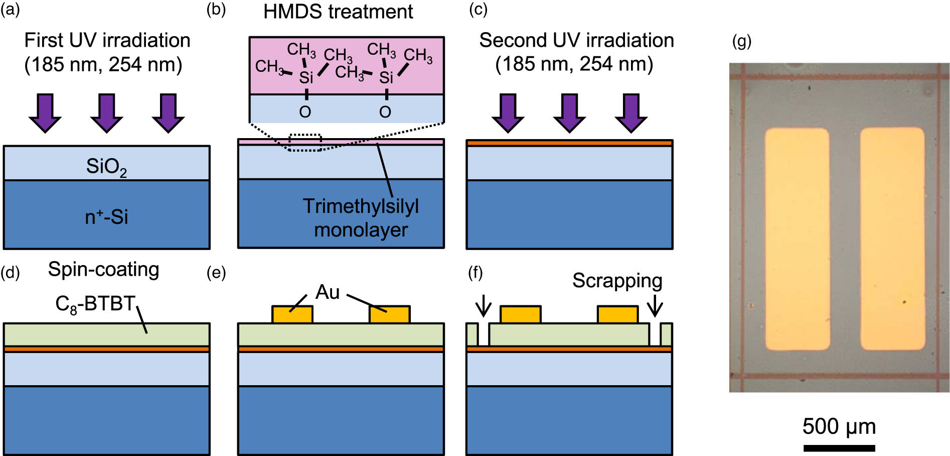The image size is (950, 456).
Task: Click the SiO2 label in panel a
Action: coord(106,166)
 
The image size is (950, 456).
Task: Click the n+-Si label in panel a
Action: coord(106,217)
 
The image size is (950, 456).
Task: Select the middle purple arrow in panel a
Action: coord(106,112)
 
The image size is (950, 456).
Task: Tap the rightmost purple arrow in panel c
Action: coord(631,112)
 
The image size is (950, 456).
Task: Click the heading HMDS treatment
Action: coord(338,12)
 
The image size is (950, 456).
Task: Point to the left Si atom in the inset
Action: coord(306,78)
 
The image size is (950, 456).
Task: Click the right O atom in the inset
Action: coord(385,112)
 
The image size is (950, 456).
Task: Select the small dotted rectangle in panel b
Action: coord(305,142)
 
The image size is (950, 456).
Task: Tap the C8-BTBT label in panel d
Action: coord(95,304)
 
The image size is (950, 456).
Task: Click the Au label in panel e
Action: coord(328,292)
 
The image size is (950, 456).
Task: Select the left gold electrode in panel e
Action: coord(292,314)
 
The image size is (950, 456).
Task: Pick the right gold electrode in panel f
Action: coord(617,314)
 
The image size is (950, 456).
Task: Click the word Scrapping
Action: coord(617,281)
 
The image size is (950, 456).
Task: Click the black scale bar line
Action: coord(839,448)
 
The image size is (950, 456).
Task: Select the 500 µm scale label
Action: coord(839,427)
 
